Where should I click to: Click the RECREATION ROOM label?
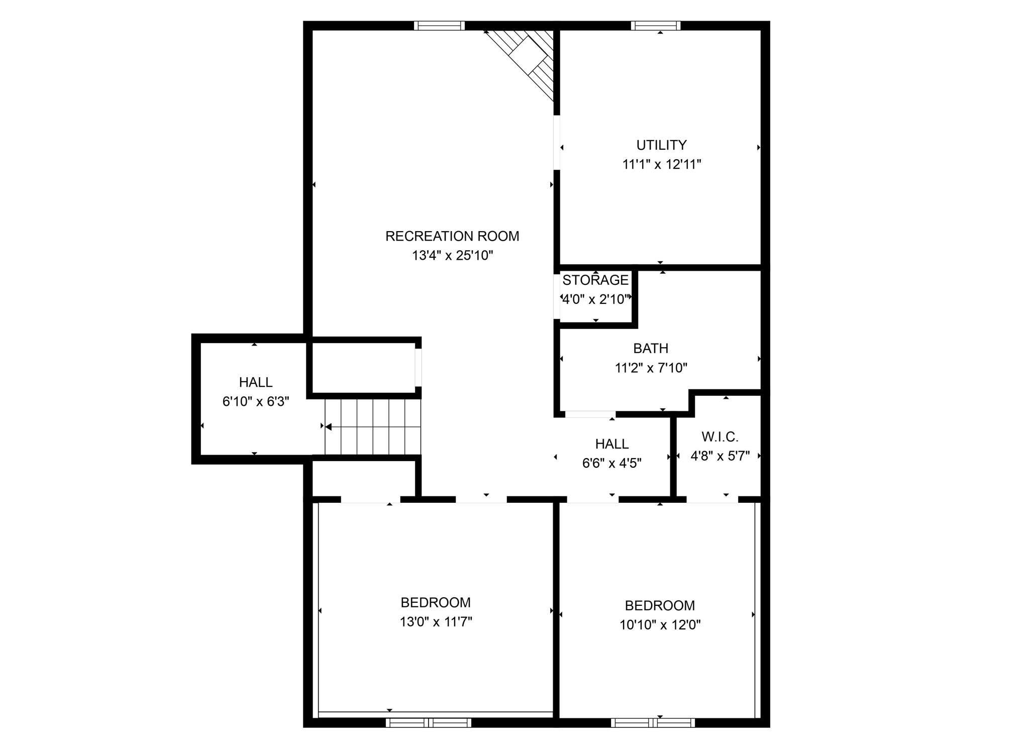click(452, 236)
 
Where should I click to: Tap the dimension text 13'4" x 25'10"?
click(452, 256)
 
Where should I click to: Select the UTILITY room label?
click(661, 145)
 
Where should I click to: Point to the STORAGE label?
click(595, 280)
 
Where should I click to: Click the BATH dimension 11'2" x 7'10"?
click(651, 368)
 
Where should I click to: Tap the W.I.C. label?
click(719, 437)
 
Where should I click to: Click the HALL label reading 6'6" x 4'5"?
click(611, 444)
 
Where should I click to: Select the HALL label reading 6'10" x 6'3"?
click(256, 382)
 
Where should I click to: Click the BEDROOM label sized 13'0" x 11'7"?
click(436, 602)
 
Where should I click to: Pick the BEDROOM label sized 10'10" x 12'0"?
click(660, 605)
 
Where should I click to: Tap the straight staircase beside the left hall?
click(372, 426)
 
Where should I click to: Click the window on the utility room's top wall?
click(656, 26)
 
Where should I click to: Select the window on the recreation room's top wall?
click(439, 26)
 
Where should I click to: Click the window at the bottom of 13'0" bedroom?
click(428, 723)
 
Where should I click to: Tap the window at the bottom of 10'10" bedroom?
click(653, 723)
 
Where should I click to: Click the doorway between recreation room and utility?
click(557, 142)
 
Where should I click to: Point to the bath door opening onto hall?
click(590, 414)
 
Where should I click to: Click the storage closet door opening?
click(557, 297)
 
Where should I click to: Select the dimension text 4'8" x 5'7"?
click(719, 456)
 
